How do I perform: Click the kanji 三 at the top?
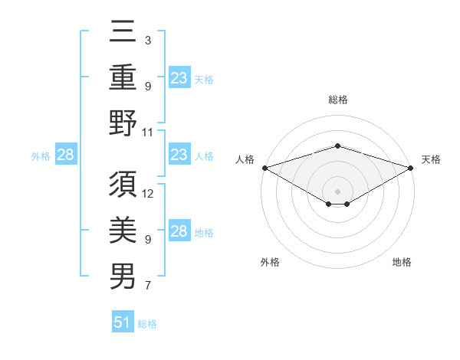pyautogui.click(x=123, y=33)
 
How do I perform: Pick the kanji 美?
pyautogui.click(x=123, y=229)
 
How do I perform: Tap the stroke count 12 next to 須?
pyautogui.click(x=149, y=193)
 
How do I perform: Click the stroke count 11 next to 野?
pyautogui.click(x=149, y=131)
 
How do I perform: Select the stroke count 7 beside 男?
pyautogui.click(x=148, y=286)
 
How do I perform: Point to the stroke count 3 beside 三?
pyautogui.click(x=148, y=39)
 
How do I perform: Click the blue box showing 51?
pyautogui.click(x=123, y=322)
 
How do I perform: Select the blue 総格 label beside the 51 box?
pyautogui.click(x=147, y=324)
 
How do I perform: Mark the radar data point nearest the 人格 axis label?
pyautogui.click(x=264, y=167)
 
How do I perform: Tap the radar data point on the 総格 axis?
pyautogui.click(x=337, y=146)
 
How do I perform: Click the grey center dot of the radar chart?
pyautogui.click(x=337, y=191)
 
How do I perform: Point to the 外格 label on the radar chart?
pyautogui.click(x=270, y=262)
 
